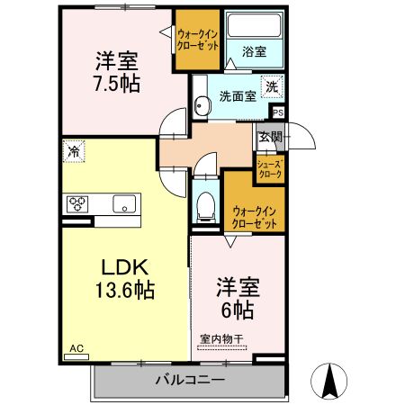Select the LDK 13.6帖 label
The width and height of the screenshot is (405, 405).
tap(123, 278)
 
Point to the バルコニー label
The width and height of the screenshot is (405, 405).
tap(189, 379)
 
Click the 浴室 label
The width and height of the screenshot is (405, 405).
tap(254, 52)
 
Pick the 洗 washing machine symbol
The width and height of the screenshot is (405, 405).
tap(271, 87)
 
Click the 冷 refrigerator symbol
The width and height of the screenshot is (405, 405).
tap(72, 150)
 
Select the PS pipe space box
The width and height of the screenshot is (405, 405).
tap(278, 112)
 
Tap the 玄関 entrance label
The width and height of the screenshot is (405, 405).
tap(269, 138)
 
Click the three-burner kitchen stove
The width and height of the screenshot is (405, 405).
tap(76, 203)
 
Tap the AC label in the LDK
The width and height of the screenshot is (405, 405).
tap(75, 347)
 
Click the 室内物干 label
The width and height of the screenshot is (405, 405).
tap(221, 338)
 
